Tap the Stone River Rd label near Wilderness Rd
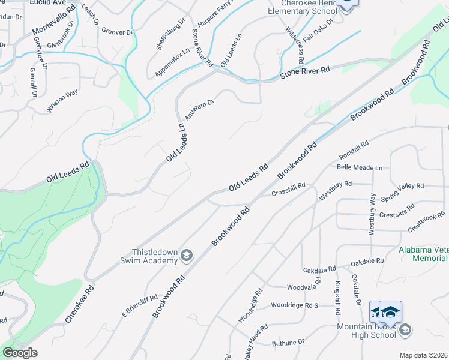pos(305,73)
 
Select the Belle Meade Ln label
pos(360,167)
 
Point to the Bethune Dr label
pos(288,343)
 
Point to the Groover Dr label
pos(117,31)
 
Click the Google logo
pos(20,353)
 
